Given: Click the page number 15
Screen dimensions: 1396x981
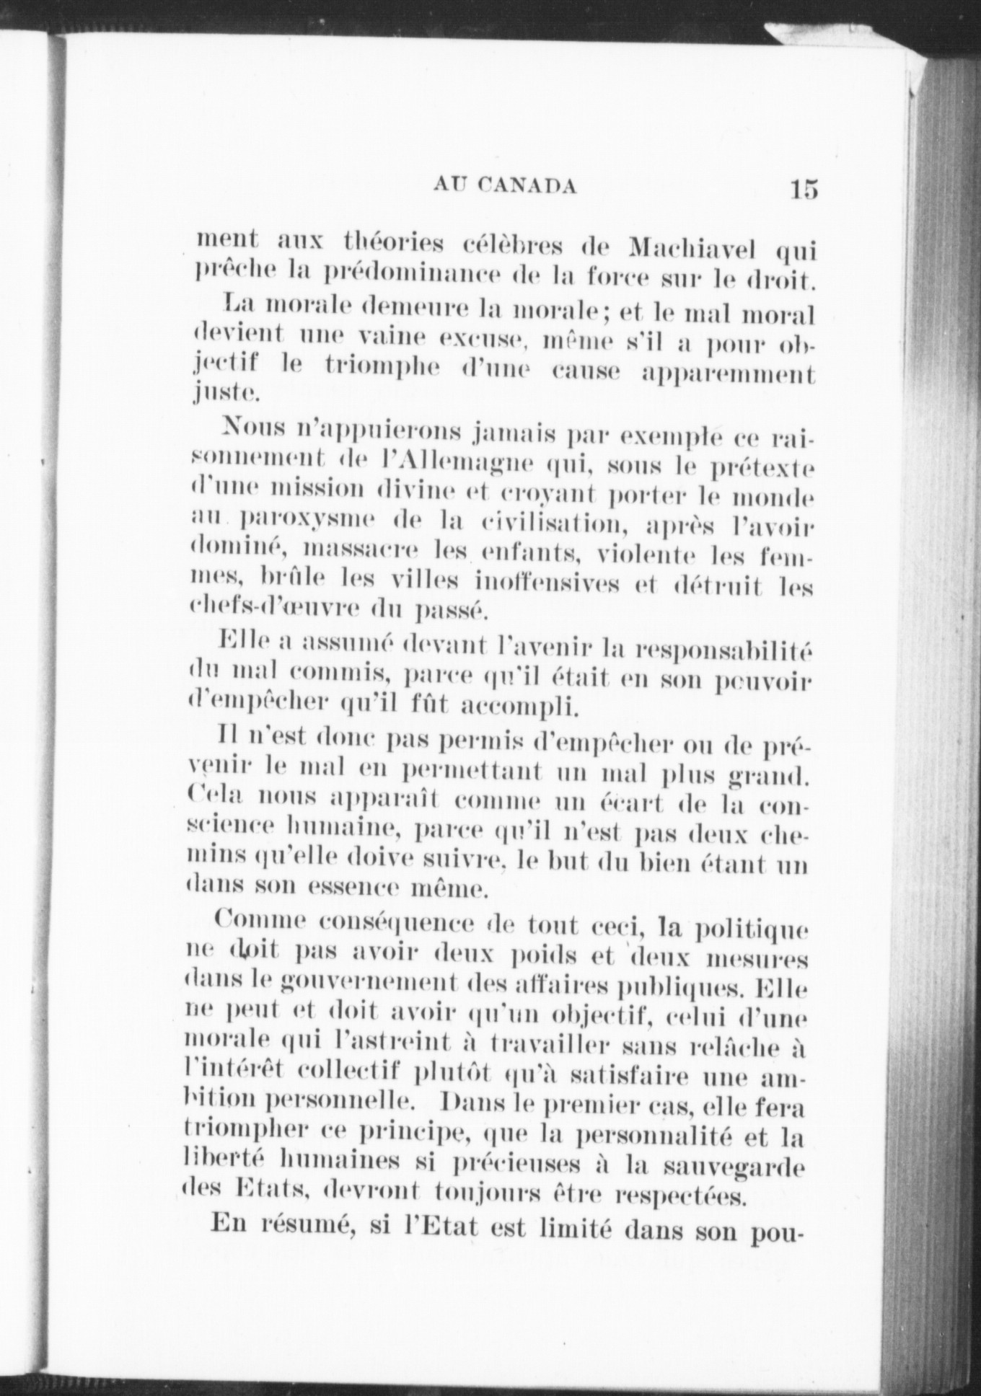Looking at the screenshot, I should [803, 189].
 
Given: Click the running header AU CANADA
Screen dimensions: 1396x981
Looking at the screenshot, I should [505, 186].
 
